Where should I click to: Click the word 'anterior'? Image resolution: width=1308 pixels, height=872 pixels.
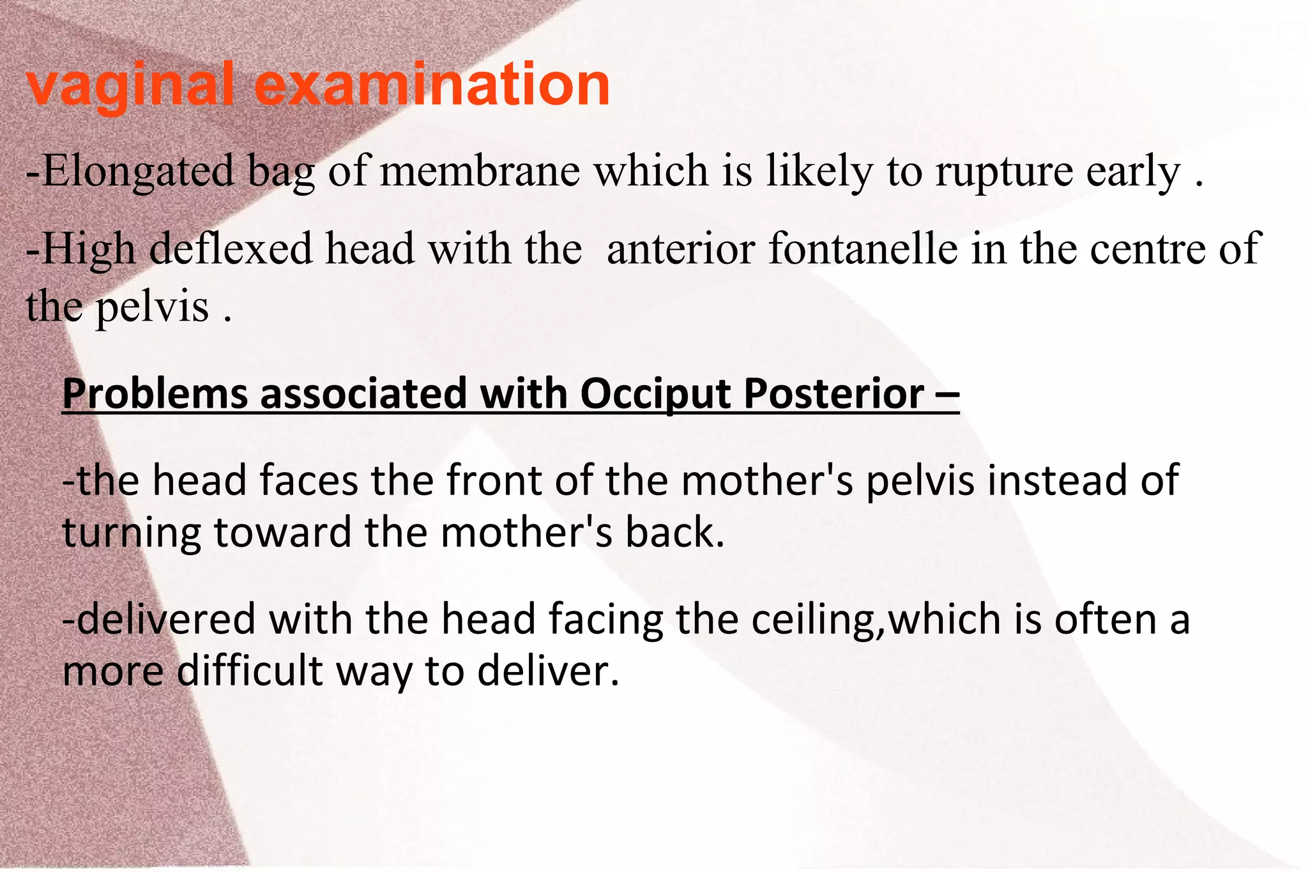(x=681, y=249)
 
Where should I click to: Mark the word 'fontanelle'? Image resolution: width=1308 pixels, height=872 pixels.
(x=863, y=249)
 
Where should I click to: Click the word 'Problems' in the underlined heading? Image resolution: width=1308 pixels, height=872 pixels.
(x=155, y=394)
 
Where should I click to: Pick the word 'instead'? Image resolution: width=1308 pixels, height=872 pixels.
(x=1056, y=481)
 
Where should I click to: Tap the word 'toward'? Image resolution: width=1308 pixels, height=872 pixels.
(x=282, y=533)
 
